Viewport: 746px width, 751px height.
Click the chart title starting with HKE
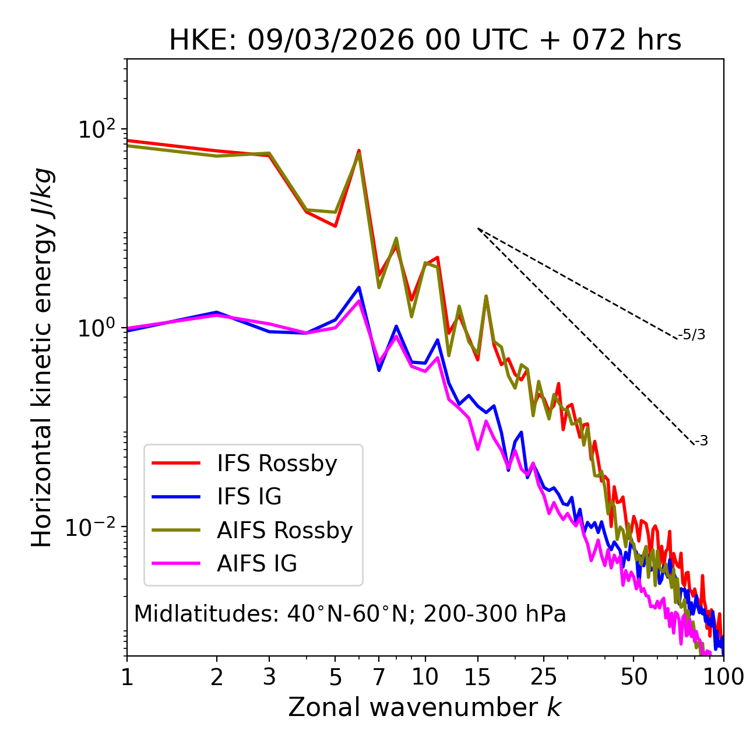click(425, 40)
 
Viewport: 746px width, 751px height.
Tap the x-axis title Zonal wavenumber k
click(425, 707)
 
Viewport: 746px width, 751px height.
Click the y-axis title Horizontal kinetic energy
click(42, 357)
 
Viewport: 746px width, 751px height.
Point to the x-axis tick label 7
click(379, 676)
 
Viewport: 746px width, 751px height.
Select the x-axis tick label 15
click(478, 676)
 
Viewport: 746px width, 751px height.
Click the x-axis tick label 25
click(544, 676)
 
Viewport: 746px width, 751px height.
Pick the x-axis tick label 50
click(634, 676)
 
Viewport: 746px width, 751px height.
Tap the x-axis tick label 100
click(723, 676)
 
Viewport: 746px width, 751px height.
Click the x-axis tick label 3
click(269, 676)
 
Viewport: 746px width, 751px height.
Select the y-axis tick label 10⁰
click(97, 328)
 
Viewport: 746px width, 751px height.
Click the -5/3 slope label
click(692, 335)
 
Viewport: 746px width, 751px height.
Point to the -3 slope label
click(701, 441)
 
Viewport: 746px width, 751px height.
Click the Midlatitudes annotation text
click(350, 614)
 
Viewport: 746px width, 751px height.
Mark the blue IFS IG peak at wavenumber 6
click(359, 287)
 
